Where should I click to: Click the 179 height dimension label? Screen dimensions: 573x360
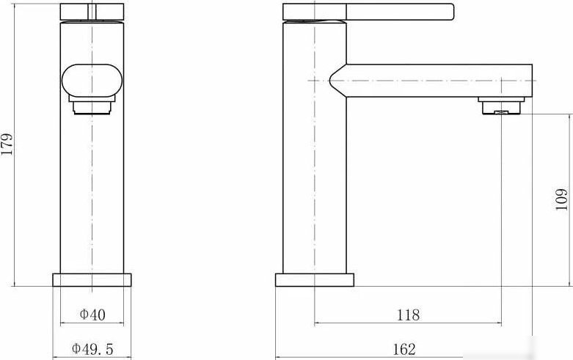pyautogui.click(x=7, y=144)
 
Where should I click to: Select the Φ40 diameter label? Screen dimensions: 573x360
pyautogui.click(x=92, y=315)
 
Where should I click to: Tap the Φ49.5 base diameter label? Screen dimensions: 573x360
pyautogui.click(x=92, y=349)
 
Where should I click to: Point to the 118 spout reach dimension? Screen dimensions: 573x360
pyautogui.click(x=408, y=315)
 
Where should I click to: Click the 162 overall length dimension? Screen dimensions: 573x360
pyautogui.click(x=404, y=350)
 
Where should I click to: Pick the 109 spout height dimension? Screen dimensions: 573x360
pyautogui.click(x=562, y=199)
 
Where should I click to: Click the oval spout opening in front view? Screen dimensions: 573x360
pyautogui.click(x=92, y=81)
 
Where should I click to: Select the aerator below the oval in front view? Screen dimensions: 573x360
pyautogui.click(x=92, y=105)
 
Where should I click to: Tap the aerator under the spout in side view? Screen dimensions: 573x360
pyautogui.click(x=501, y=106)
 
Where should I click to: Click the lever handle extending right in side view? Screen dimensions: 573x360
pyautogui.click(x=400, y=12)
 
